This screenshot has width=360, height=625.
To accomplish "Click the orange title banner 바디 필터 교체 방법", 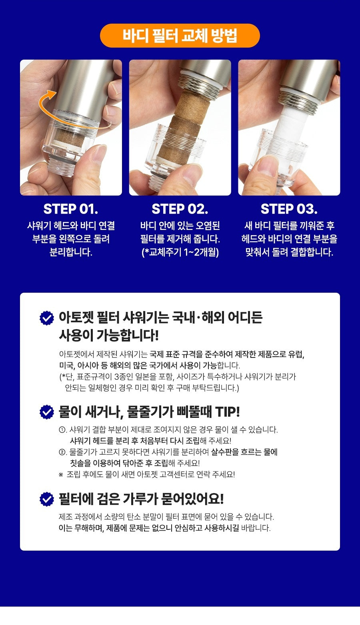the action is click(180, 36).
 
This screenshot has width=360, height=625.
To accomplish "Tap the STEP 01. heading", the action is click(71, 209).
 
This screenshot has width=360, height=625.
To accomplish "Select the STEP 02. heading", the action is click(180, 209).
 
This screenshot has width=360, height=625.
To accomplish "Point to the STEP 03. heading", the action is click(289, 209).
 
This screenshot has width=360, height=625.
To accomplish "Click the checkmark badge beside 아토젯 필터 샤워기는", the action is click(47, 318).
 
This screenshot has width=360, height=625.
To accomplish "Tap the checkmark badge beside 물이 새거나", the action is click(47, 412).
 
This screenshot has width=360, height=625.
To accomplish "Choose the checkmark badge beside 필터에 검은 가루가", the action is click(47, 499).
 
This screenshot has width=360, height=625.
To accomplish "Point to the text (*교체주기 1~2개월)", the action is click(180, 252).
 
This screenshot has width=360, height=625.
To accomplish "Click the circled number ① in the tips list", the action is click(62, 430).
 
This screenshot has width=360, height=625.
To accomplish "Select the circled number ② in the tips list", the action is click(62, 452).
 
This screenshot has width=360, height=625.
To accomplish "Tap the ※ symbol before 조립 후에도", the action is click(61, 475).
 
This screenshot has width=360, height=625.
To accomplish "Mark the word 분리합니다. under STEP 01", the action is click(71, 252).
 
